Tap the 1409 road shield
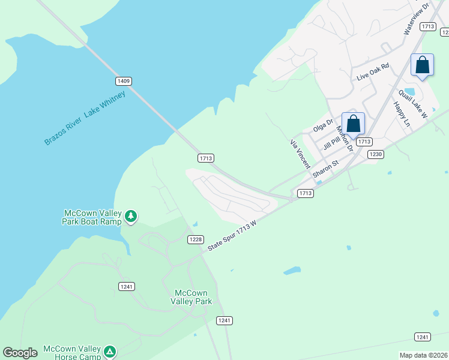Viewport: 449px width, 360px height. point(124,80)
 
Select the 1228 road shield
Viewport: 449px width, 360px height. point(195,239)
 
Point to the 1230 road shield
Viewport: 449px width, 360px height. point(376,154)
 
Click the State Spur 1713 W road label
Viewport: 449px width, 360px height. point(232,235)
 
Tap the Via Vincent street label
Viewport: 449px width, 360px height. point(300,154)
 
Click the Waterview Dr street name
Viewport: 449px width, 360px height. point(417,17)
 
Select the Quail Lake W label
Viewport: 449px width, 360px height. point(412,104)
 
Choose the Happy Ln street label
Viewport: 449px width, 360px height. point(401,114)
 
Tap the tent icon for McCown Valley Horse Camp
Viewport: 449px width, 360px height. point(109,351)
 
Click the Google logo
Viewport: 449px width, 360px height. point(20,353)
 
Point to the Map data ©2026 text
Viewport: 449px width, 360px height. point(423,355)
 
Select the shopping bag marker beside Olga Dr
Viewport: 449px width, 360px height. point(353,124)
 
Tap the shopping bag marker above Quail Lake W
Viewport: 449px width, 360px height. point(422,65)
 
